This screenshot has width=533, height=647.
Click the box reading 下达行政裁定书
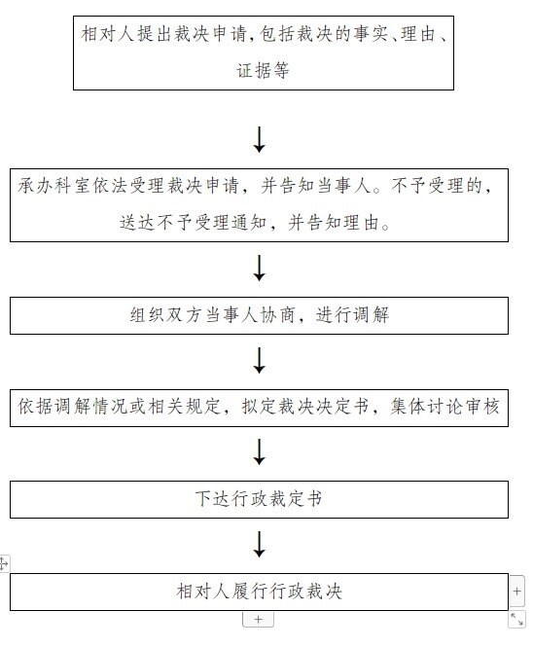(259, 499)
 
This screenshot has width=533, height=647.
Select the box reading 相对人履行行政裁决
(259, 592)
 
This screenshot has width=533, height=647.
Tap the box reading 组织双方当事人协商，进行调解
(259, 315)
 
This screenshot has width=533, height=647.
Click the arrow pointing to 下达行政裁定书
(259, 451)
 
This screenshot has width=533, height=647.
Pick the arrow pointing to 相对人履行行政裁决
(259, 544)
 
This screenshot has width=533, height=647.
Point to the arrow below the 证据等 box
(259, 139)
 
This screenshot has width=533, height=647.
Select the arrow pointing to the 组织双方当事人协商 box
(259, 269)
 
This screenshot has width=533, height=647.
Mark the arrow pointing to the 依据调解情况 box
(259, 360)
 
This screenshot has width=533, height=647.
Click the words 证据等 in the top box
(263, 71)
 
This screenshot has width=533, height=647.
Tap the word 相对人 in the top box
(108, 34)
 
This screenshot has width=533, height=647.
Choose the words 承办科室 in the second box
(54, 186)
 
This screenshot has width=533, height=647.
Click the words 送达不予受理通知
(194, 223)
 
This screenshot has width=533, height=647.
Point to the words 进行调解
(352, 315)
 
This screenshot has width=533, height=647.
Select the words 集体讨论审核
(444, 407)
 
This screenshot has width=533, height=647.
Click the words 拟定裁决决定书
(304, 407)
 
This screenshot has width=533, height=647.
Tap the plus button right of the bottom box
(516, 592)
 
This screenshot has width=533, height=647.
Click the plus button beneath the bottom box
(259, 620)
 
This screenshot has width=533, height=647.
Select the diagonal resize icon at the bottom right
(516, 620)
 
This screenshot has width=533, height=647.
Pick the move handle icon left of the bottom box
(4, 563)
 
